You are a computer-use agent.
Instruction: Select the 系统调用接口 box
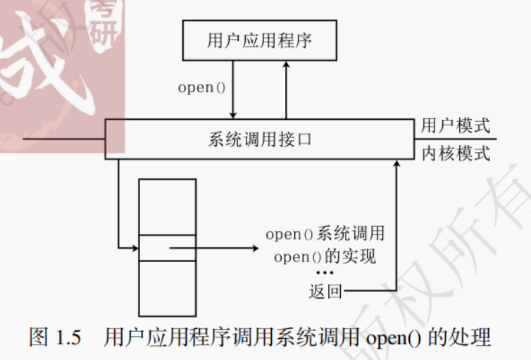click(260, 139)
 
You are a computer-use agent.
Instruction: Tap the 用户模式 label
click(455, 127)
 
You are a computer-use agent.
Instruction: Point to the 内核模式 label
click(455, 153)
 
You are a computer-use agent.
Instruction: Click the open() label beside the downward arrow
click(201, 88)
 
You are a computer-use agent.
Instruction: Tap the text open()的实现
click(325, 256)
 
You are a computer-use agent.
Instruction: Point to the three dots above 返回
click(324, 273)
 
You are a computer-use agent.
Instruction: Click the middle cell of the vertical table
click(168, 248)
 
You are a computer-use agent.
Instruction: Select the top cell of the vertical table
click(168, 206)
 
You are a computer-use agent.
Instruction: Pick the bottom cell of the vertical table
click(168, 288)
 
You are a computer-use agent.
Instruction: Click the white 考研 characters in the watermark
click(105, 21)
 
